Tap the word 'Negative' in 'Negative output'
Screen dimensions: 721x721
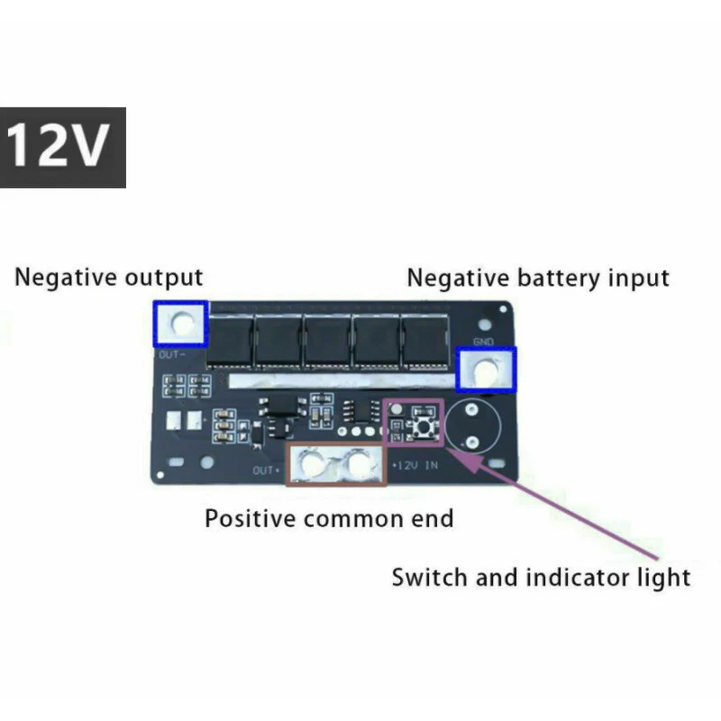click(66, 277)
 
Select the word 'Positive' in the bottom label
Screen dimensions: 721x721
click(251, 518)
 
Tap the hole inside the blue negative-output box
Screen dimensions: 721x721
click(182, 323)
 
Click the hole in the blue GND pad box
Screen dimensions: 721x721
click(488, 370)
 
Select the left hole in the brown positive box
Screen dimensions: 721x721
click(315, 464)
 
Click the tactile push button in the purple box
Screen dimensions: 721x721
click(420, 421)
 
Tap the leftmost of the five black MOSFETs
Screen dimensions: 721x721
click(232, 342)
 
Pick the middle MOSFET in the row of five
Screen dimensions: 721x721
click(328, 342)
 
